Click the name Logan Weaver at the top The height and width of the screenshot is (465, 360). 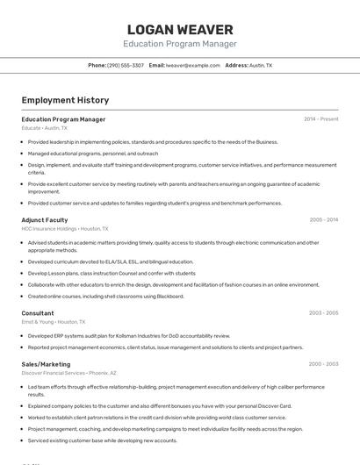pos(180,29)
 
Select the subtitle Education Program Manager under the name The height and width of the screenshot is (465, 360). pos(180,44)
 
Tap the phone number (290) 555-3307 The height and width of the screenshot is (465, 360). pos(126,65)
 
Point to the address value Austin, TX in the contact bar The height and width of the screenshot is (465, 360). pos(261,65)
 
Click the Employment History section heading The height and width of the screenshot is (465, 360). pos(65,100)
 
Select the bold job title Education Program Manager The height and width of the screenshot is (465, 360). pos(63,119)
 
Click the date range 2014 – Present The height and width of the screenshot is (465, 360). pos(320,119)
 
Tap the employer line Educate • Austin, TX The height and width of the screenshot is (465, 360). pos(44,128)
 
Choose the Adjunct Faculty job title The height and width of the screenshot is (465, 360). pos(44,220)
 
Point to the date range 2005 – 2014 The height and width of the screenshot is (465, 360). pos(323,220)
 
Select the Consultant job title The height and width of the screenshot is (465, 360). pos(38,312)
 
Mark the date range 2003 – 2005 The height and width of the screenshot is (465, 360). pos(323,312)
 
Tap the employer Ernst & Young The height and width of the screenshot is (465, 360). pos(37,321)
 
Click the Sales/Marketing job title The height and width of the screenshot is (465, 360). pos(46,363)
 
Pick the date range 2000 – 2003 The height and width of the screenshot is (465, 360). pos(323,363)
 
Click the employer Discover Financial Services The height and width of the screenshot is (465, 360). pos(54,373)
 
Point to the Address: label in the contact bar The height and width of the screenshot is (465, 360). pos(236,65)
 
